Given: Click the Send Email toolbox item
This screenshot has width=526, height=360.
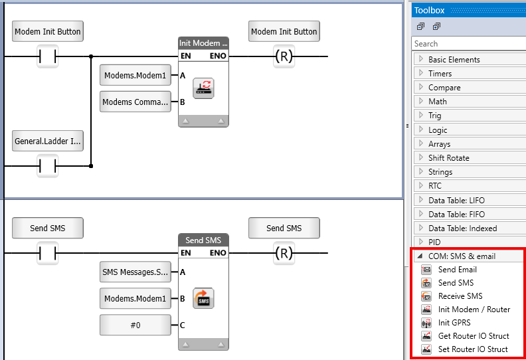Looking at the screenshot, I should pos(457,270).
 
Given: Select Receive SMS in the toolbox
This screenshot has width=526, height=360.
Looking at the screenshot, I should pos(460,296).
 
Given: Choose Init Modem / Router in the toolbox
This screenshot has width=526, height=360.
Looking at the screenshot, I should pos(474,310).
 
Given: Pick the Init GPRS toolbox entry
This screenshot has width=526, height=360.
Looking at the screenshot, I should pos(454,323).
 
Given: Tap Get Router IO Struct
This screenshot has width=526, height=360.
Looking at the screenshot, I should pos(473,336).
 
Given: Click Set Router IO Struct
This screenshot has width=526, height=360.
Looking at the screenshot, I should pos(472,349).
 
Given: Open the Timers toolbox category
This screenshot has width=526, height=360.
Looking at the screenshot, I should pos(440,74).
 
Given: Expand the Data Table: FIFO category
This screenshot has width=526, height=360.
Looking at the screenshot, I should pos(456,215).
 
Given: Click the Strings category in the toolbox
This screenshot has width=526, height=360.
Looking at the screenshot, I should pos(441,172).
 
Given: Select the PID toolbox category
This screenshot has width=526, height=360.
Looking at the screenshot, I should pos(434,242).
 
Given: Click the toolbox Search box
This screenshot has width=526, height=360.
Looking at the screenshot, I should pos(468,44).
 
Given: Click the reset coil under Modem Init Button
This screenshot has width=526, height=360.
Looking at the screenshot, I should pos(284,57).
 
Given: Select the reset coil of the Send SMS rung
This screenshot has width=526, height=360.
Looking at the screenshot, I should pos(284,253).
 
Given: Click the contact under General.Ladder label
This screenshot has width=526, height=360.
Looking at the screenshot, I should pos(47,165).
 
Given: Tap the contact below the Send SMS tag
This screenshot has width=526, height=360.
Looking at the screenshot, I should pos(47,253).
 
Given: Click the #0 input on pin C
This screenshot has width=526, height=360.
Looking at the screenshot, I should pos(135,325).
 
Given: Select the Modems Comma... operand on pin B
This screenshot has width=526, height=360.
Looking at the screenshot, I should pos(135,102).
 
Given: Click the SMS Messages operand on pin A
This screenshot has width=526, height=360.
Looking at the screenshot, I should pos(135,272).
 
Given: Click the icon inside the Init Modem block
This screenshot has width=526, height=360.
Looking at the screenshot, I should pos(203,88).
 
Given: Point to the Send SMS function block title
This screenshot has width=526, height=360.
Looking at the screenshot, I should pos(203,240).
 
